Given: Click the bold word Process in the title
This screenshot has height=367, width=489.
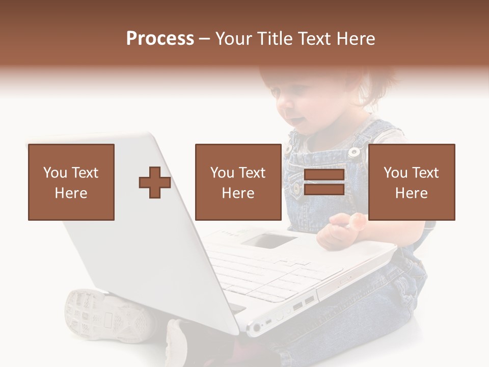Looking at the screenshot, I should tap(160, 39).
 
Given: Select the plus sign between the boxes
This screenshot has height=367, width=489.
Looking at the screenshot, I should tap(155, 182).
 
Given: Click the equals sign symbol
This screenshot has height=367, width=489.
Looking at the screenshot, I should tap(324, 182).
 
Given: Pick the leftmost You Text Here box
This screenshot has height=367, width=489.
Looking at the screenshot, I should tap(71, 182).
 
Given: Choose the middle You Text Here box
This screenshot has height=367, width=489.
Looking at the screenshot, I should tap(238, 182).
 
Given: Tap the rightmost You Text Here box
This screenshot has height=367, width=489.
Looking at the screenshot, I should tap(411, 182).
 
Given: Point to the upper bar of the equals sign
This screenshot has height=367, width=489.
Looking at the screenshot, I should tap(324, 175).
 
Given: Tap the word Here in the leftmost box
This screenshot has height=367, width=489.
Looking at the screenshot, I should tap(71, 193).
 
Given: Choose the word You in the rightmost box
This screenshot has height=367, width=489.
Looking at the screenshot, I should tap(395, 173).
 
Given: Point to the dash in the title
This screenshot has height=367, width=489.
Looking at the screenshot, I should tap(204, 40).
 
